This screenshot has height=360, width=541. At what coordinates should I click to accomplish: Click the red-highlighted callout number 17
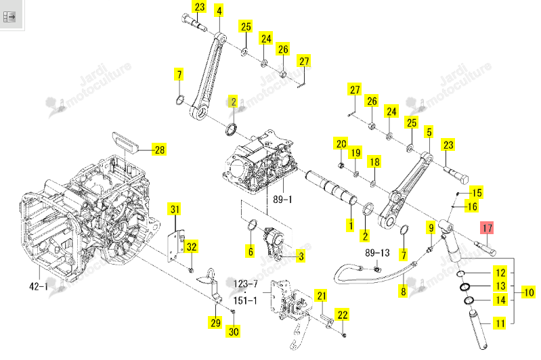point(487,227)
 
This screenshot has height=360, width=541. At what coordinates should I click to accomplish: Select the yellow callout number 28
point(159,150)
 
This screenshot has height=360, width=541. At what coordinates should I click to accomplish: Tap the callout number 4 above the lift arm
point(219,10)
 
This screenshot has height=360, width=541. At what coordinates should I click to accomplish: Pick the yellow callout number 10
point(529,292)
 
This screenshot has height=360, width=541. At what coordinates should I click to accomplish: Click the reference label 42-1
point(39,286)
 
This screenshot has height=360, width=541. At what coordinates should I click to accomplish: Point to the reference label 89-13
point(377,253)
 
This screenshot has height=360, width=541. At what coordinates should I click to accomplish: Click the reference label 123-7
point(246,284)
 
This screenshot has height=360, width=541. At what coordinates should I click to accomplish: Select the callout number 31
point(175,209)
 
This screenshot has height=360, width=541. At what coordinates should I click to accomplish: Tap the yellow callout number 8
point(403,291)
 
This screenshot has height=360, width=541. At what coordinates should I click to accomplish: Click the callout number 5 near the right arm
point(429,132)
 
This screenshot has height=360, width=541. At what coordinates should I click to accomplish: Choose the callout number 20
point(341,143)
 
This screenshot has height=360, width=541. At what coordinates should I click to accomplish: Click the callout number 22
point(342,315)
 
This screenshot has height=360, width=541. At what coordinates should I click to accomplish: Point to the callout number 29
point(215,322)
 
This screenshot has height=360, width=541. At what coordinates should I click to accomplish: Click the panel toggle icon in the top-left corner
point(9,16)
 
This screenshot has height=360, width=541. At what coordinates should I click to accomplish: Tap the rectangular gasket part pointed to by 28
point(125,142)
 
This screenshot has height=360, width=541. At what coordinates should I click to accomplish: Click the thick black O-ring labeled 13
point(464,287)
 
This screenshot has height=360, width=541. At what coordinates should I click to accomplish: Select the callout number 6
point(251,251)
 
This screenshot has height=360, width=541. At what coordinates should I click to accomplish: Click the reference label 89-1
point(282,200)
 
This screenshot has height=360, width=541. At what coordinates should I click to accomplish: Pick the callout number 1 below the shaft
point(351,225)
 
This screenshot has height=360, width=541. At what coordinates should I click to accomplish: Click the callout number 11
point(500,323)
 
